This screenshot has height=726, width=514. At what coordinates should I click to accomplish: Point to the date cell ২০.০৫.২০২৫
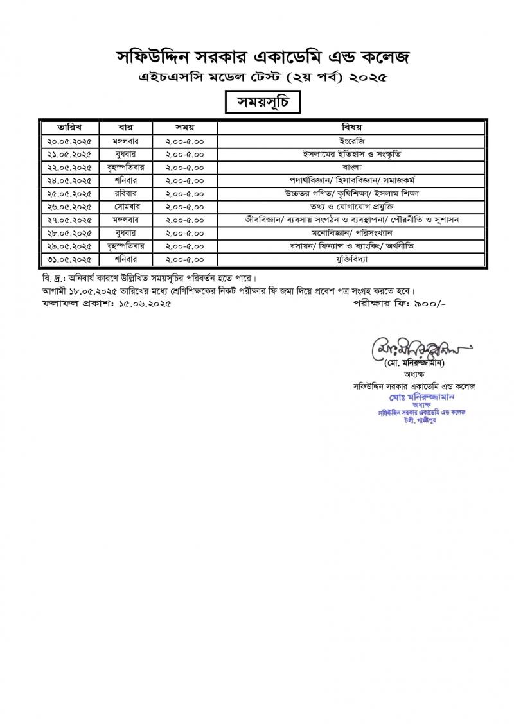coord(68,139)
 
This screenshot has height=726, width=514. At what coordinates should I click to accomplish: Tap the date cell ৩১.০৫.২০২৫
coord(68,259)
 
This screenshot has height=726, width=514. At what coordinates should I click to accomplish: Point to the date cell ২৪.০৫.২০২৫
coord(68,179)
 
